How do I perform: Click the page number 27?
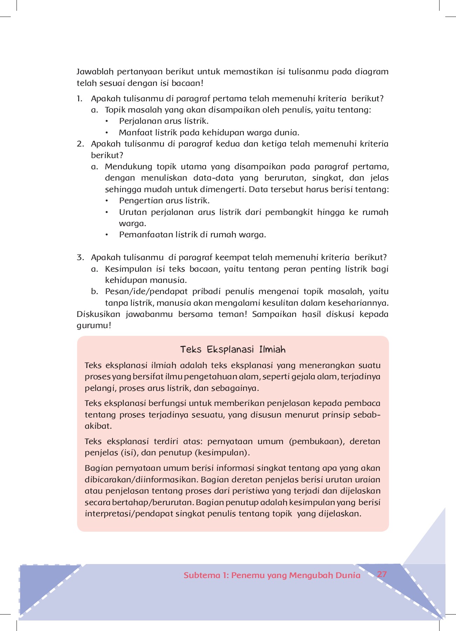click(382, 574)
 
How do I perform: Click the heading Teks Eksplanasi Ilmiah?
click(233, 350)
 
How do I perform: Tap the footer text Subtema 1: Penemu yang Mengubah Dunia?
click(272, 575)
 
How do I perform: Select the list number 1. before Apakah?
click(80, 99)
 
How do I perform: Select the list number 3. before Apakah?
click(80, 258)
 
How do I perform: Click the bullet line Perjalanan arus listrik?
click(164, 121)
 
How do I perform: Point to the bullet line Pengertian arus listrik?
click(164, 201)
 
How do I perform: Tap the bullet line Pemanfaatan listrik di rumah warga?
click(192, 235)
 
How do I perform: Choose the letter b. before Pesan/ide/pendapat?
click(94, 292)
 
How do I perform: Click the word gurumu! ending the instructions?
click(94, 326)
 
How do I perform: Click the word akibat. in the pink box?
click(98, 426)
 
